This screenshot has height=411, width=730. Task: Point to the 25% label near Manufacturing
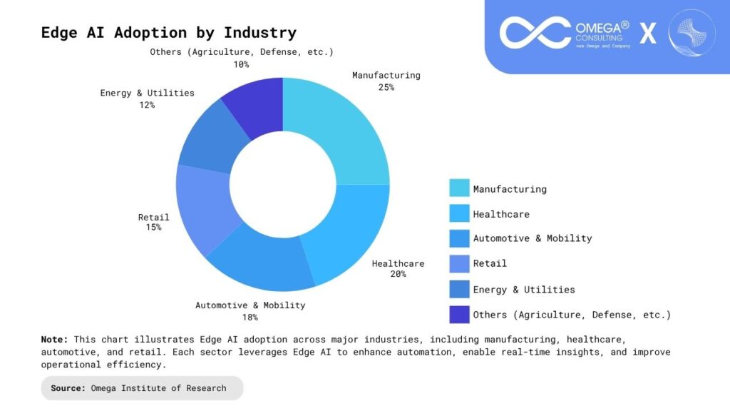click(386, 87)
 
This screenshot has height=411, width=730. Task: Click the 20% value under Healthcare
click(398, 274)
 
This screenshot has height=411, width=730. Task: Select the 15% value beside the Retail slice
click(154, 228)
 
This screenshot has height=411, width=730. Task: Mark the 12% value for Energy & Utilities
click(147, 105)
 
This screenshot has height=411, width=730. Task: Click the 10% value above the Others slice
click(241, 64)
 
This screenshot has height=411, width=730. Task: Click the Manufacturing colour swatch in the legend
click(459, 188)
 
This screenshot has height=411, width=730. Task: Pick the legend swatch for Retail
click(459, 264)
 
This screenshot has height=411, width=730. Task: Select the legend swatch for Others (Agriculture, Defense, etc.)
click(459, 314)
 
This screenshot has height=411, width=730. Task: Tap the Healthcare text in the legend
click(501, 214)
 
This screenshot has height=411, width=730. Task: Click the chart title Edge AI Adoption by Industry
click(168, 33)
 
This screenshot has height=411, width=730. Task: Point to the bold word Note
click(54, 340)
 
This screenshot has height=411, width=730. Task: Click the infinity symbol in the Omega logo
click(535, 33)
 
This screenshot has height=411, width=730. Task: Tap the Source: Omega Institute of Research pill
click(142, 388)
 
